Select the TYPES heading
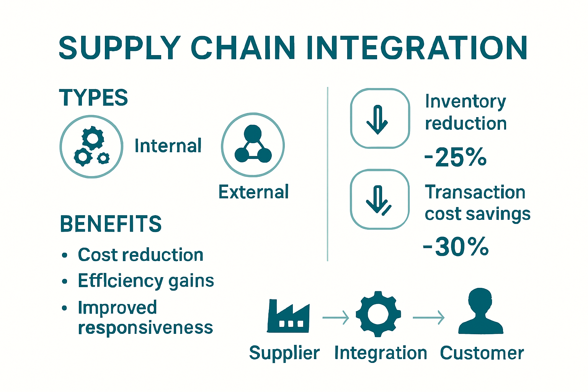93,98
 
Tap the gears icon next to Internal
91,147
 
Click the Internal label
168,146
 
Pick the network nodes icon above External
253,145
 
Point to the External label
253,192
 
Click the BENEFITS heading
111,224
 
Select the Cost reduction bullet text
140,255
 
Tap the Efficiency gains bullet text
146,281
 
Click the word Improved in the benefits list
118,307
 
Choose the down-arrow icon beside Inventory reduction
380,118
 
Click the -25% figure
456,157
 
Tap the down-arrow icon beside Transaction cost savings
380,199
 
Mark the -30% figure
456,247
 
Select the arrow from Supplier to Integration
336,318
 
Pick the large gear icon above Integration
378,314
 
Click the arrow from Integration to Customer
428,318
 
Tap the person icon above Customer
481,312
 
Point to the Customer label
482,353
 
